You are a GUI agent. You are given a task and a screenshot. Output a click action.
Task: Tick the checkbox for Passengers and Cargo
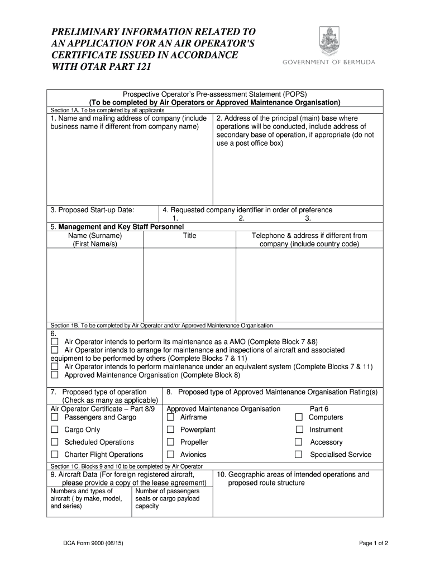pos(55,417)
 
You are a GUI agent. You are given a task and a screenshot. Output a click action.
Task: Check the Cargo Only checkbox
pos(55,430)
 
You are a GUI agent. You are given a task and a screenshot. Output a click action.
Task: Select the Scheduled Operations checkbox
pos(55,442)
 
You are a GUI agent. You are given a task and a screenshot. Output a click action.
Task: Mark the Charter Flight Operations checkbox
pos(55,454)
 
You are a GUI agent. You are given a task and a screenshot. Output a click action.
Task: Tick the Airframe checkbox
pos(171,417)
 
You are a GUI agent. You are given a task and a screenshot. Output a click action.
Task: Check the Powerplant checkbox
pos(171,430)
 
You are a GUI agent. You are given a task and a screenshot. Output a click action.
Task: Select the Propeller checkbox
pos(171,442)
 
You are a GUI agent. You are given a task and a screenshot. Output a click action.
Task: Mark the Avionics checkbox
pos(171,454)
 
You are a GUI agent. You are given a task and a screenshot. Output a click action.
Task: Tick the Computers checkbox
pos(299,417)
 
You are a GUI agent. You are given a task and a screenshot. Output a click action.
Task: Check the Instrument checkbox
pos(299,430)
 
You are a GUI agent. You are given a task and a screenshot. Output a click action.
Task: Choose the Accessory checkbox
pos(299,442)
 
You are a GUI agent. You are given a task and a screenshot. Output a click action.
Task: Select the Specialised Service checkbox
pos(299,454)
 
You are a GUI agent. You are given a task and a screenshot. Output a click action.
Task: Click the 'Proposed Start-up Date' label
pos(92,210)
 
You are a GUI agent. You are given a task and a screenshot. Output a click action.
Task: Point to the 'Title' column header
pos(190,236)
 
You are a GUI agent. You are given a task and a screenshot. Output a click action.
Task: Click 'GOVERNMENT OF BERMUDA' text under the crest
pos(328,62)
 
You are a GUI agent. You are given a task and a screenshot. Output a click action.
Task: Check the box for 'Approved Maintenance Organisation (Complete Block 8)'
pos(55,375)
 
